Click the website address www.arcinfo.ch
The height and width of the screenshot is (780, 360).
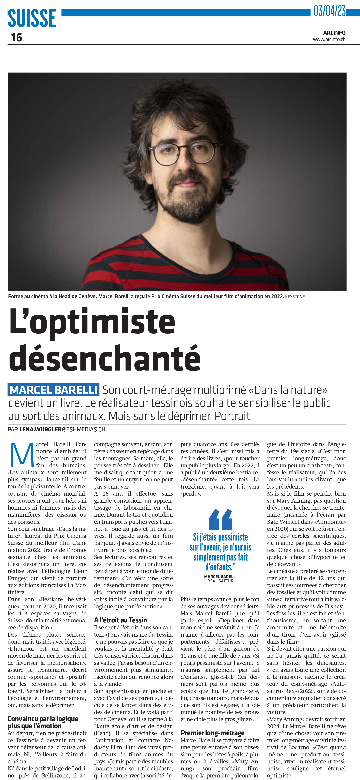[329, 39]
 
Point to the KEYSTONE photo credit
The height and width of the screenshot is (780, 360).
[295, 297]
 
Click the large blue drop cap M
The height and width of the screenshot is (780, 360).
[22, 455]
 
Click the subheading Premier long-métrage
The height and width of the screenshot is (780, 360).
[213, 733]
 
